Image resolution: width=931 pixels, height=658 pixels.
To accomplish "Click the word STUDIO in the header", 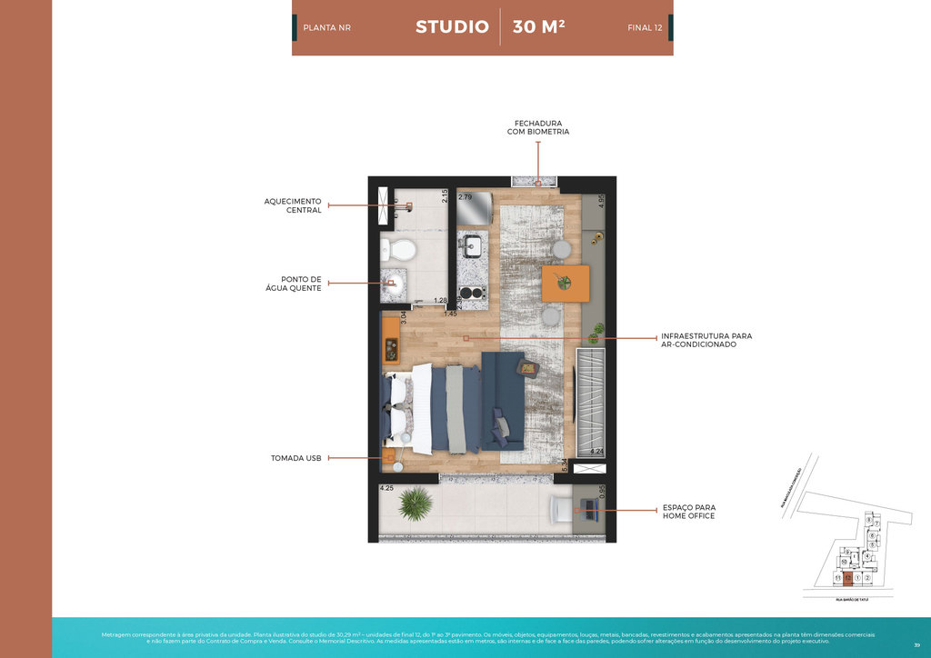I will tap(452, 26).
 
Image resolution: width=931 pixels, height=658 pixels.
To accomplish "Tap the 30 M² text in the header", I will tap(538, 26).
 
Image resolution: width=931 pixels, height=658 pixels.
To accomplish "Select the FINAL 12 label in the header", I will tap(645, 28).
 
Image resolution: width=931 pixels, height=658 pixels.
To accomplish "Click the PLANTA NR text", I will tap(326, 28).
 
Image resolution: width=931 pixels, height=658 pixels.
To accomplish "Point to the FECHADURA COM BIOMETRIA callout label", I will tap(538, 127).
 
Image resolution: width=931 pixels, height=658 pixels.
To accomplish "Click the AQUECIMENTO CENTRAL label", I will tap(293, 205).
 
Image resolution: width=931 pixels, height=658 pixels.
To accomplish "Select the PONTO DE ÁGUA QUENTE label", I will tap(301, 284).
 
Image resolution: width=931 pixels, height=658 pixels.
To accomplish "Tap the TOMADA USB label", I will tap(296, 458).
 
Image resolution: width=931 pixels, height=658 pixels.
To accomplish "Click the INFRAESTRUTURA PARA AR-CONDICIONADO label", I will tap(706, 340).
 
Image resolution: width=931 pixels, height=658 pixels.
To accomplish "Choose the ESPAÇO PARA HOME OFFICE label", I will tap(688, 512).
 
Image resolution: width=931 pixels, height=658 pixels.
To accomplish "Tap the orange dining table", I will tap(565, 284).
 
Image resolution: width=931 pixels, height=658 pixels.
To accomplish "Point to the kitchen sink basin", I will tap(473, 245).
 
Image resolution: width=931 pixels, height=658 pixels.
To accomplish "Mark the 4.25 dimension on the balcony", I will tap(386, 488).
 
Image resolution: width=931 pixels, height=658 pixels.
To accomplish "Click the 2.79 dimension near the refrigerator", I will tap(465, 196).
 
